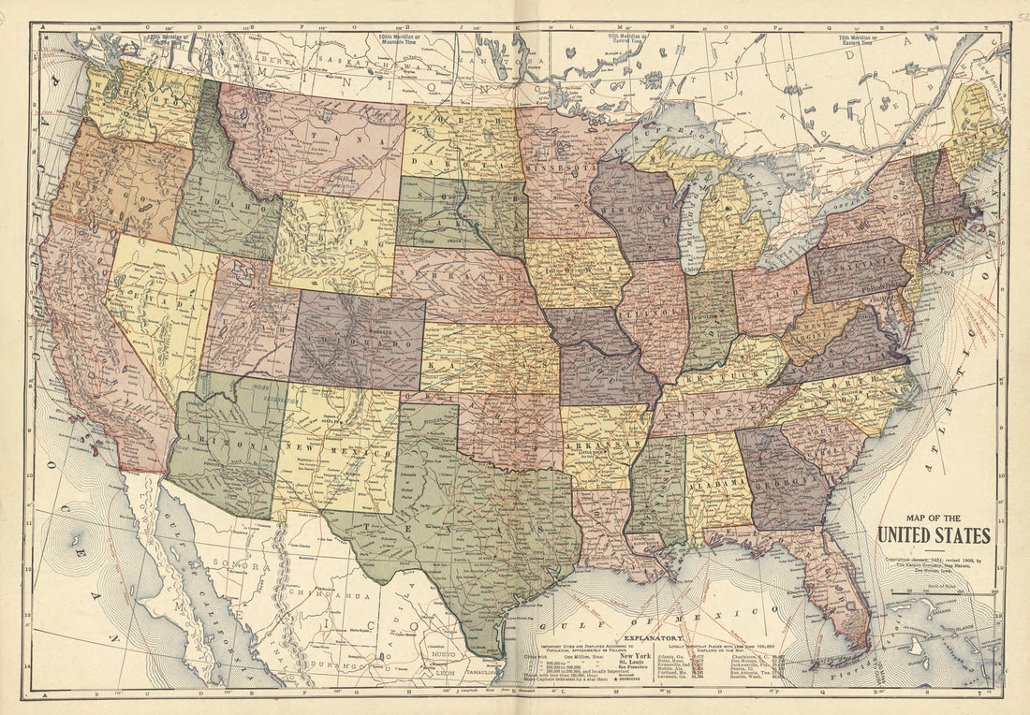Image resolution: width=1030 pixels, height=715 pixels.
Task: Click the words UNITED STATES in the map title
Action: tap(934, 535)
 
